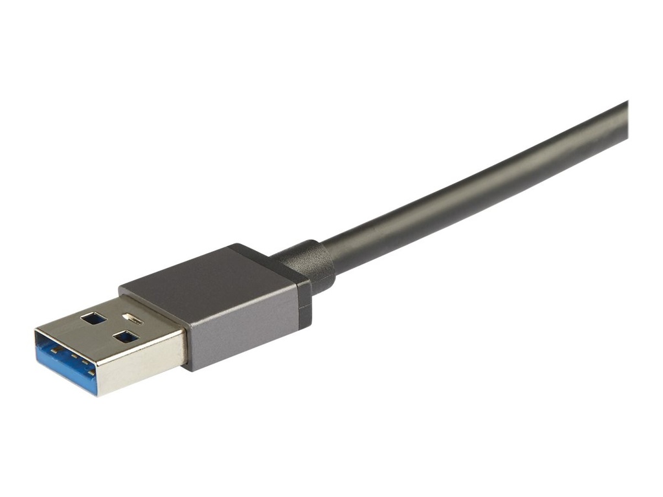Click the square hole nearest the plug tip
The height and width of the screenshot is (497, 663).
[93, 318]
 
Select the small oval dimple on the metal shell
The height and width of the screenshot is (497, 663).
[133, 318]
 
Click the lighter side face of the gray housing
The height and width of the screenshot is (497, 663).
[243, 330]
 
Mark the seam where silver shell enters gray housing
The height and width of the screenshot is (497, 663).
[185, 346]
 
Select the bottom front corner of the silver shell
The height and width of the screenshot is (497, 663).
[97, 395]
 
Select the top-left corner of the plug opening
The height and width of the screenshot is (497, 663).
[36, 329]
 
